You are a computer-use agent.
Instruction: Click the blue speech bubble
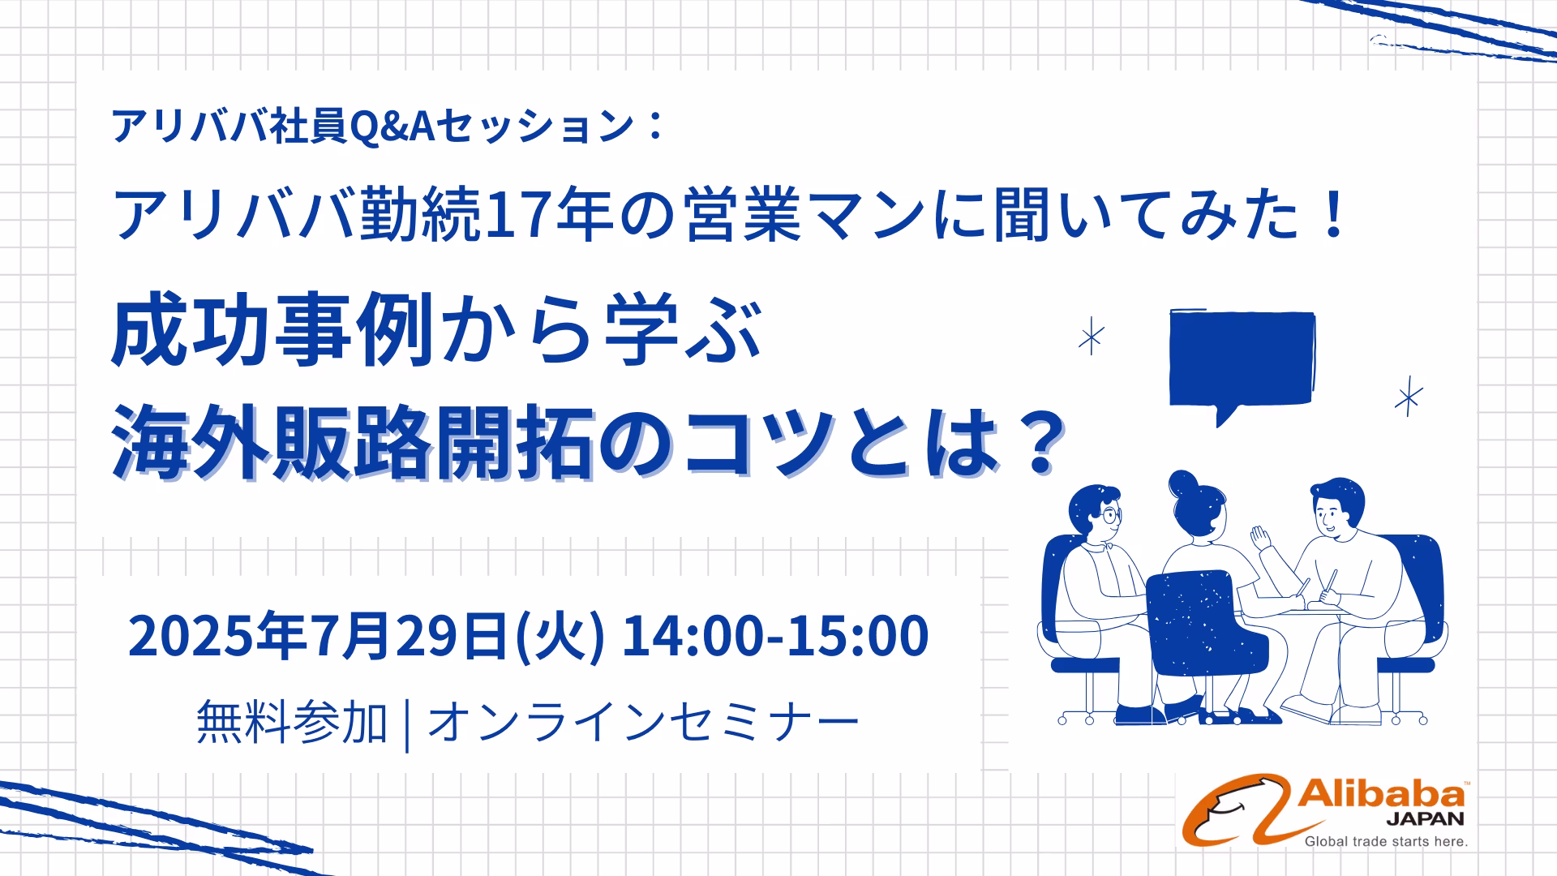click(1242, 361)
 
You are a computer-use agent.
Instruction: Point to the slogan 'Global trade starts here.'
click(1386, 842)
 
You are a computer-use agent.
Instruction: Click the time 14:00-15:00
click(775, 637)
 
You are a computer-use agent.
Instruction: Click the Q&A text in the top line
click(392, 127)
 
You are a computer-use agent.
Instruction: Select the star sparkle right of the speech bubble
click(1409, 397)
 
